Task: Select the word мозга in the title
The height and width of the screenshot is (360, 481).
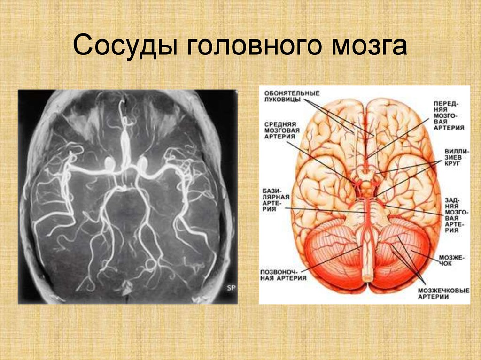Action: (x=370, y=46)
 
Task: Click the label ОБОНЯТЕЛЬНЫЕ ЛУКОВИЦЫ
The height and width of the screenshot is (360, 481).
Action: (x=292, y=96)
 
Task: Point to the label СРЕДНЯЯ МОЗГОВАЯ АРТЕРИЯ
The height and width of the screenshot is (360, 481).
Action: (x=282, y=130)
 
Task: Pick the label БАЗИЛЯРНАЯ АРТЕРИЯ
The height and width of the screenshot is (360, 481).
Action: (x=276, y=200)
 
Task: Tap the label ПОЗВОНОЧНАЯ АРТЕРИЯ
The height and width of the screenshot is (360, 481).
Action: (x=283, y=275)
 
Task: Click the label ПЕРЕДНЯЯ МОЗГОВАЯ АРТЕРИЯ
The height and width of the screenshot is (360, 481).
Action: (x=449, y=115)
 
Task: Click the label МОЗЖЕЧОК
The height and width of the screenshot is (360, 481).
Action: (x=451, y=260)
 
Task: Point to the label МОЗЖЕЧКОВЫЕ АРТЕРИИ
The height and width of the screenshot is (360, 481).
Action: (x=443, y=293)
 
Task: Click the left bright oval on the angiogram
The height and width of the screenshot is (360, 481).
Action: (x=109, y=163)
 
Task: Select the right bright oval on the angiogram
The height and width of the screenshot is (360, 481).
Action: (x=141, y=163)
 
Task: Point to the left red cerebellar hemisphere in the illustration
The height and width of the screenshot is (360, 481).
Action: (x=333, y=258)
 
